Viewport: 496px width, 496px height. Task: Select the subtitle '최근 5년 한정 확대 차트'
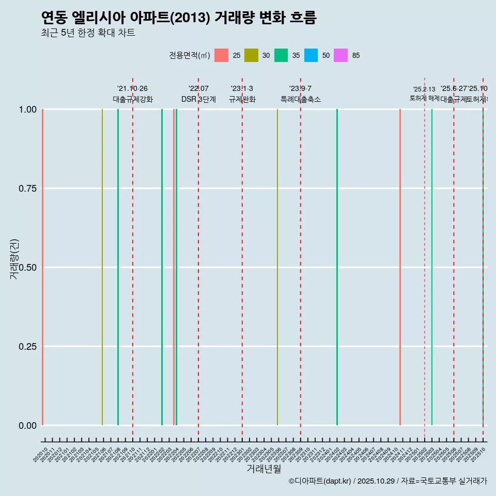click(x=88, y=33)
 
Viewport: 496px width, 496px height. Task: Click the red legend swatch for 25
click(x=221, y=55)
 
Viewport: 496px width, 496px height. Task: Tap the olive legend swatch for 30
click(x=251, y=55)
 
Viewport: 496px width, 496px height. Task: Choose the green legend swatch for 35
click(x=281, y=55)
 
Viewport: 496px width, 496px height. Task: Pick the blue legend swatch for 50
click(x=311, y=55)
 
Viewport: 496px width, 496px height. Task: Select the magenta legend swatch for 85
click(x=341, y=55)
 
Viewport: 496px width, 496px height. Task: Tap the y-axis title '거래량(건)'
click(x=14, y=259)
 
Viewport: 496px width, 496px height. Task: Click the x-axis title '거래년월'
click(x=263, y=469)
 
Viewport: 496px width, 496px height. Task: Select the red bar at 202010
click(x=42, y=267)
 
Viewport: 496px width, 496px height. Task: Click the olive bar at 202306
click(x=277, y=267)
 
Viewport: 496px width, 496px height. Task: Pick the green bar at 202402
click(x=337, y=267)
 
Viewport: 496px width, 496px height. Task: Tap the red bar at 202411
click(x=400, y=267)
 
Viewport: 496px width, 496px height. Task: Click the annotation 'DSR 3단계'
click(x=198, y=99)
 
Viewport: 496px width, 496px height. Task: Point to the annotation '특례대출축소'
click(x=300, y=99)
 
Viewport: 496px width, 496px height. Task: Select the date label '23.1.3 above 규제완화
click(x=242, y=89)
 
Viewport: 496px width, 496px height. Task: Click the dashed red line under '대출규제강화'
click(x=133, y=258)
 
